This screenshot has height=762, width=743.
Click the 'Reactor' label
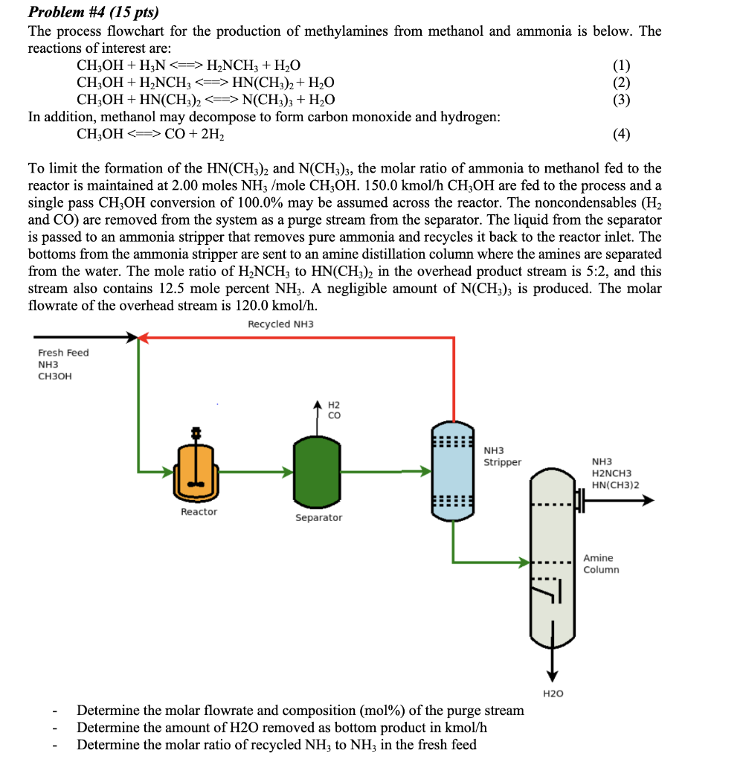pos(199,512)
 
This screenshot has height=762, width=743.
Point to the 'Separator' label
pos(318,517)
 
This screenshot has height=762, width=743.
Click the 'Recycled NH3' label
pos(280,324)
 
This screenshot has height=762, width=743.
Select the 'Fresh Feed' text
pos(63,353)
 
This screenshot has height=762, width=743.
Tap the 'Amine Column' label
pos(601,564)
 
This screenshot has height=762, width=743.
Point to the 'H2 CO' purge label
pos(334,410)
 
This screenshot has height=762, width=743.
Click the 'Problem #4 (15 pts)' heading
pos(93,13)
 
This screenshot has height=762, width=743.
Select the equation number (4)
pos(622,135)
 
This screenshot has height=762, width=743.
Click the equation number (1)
pos(622,65)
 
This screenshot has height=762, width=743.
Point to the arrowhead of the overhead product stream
pos(648,501)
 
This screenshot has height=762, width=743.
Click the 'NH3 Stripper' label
pos(502,456)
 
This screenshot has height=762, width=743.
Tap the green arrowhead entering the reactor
pos(168,471)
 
